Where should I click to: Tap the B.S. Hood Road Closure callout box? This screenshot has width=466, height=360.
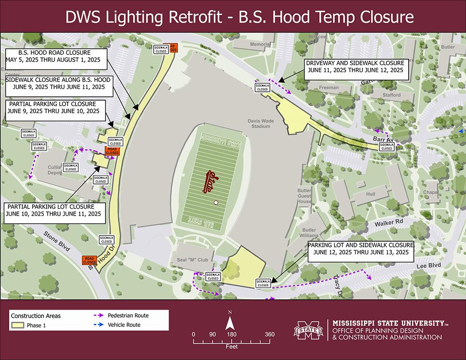(55, 56)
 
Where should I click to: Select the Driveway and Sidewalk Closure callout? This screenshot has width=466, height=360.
(355, 66)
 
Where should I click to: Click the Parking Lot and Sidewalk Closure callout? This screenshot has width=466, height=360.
(361, 248)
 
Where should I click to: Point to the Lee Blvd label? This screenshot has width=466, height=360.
(422, 265)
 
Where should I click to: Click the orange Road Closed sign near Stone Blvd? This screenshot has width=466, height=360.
(89, 260)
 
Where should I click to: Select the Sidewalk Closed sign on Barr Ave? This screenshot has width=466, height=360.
(386, 146)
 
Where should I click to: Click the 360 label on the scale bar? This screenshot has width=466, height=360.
(269, 334)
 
